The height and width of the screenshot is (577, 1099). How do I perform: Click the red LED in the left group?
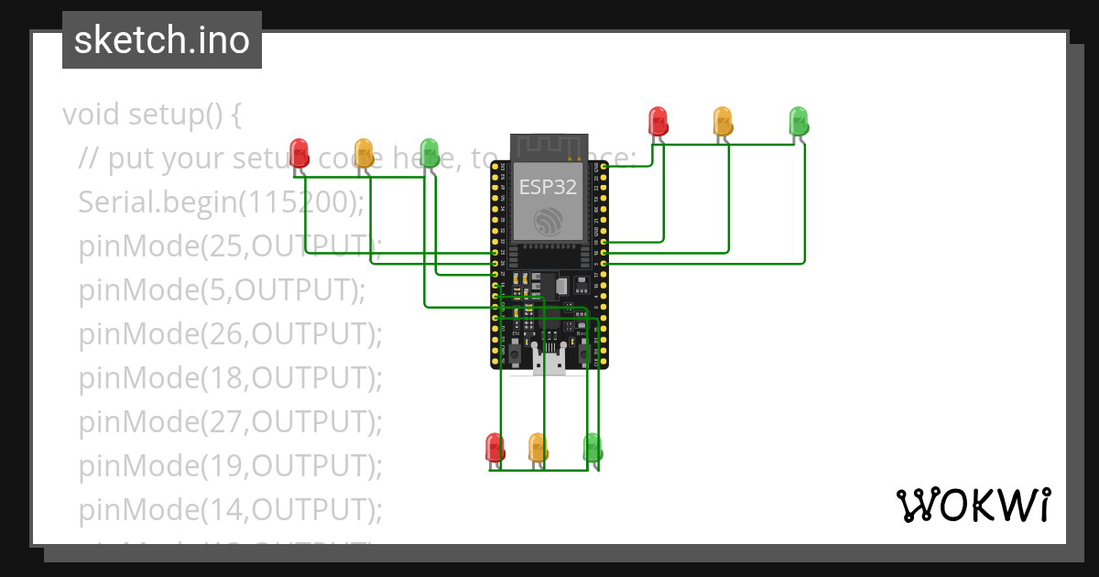299,152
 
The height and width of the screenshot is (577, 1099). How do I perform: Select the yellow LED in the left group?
364,152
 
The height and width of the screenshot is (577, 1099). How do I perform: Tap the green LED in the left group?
429,152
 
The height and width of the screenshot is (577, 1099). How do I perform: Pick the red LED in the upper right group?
658,121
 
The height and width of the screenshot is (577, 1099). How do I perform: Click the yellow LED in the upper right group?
723,121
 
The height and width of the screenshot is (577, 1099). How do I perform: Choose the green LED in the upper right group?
799,121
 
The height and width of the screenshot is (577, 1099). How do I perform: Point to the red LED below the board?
495,448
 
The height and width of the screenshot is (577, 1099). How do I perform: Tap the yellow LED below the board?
538,448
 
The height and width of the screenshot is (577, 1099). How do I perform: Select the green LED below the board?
593,448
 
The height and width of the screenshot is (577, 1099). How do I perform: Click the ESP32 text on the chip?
548,187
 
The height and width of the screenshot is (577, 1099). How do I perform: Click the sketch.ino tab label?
162,40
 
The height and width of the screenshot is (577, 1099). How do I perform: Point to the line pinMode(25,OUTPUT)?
229,245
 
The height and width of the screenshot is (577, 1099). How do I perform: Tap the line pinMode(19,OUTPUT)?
229,465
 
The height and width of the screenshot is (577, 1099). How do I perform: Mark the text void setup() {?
152,114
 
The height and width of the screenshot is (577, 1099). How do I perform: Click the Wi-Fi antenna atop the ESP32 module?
548,146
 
